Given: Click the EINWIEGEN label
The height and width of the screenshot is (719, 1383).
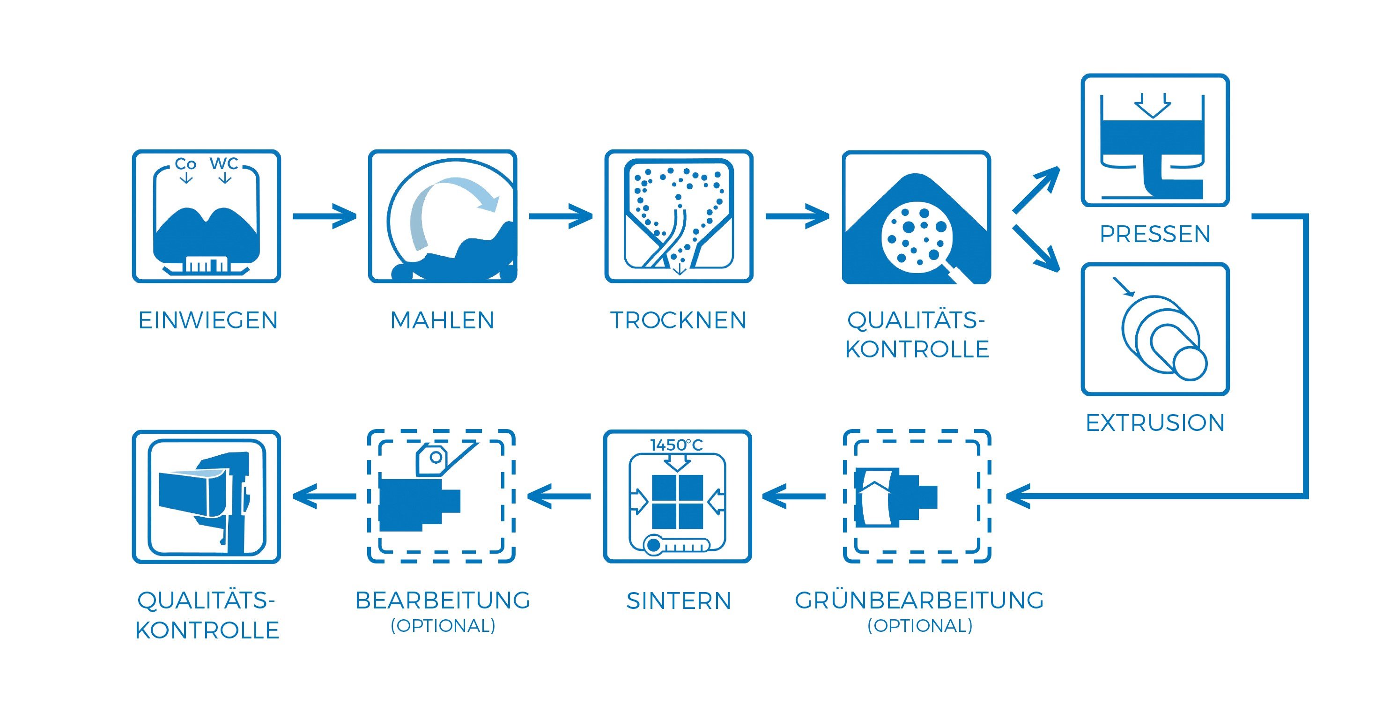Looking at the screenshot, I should (x=208, y=320).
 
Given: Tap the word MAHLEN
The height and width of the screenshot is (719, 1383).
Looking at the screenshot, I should (x=442, y=320).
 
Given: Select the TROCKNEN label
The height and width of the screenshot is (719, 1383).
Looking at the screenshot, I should (x=678, y=320).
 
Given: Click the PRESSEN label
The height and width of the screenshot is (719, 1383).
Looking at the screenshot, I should (x=1155, y=234).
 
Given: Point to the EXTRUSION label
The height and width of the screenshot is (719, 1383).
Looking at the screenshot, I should (x=1155, y=423).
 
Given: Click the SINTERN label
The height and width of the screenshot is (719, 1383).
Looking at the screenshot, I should (x=679, y=601).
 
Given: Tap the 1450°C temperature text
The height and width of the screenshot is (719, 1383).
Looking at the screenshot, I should (x=676, y=445).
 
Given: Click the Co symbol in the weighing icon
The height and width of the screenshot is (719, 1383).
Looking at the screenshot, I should (x=186, y=164).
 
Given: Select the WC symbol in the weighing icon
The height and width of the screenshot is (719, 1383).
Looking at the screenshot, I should (x=224, y=163).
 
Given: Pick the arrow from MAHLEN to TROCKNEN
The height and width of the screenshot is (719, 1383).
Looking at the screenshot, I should (x=561, y=216).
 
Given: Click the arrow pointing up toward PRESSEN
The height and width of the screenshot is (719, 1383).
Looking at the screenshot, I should (x=1035, y=190).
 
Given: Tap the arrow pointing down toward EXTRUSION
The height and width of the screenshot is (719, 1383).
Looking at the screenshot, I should (x=1036, y=248).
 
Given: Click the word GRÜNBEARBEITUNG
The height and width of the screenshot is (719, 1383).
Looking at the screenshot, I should (x=919, y=600).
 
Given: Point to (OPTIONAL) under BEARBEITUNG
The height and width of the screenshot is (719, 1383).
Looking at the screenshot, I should (x=443, y=626).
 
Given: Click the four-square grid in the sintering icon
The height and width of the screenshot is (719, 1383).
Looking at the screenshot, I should (x=677, y=502).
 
